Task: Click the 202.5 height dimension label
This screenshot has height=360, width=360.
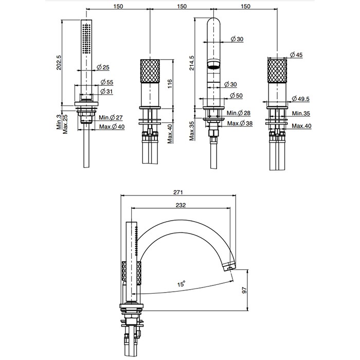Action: [x=59, y=62]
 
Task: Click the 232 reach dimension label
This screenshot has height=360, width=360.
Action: [x=181, y=205]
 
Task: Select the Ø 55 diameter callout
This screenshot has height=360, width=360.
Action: [x=107, y=82]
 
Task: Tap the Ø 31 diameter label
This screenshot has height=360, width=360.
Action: [x=107, y=91]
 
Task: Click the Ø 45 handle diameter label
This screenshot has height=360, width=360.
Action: [x=297, y=54]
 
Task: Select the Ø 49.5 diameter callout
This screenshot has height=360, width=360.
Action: [x=301, y=99]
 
